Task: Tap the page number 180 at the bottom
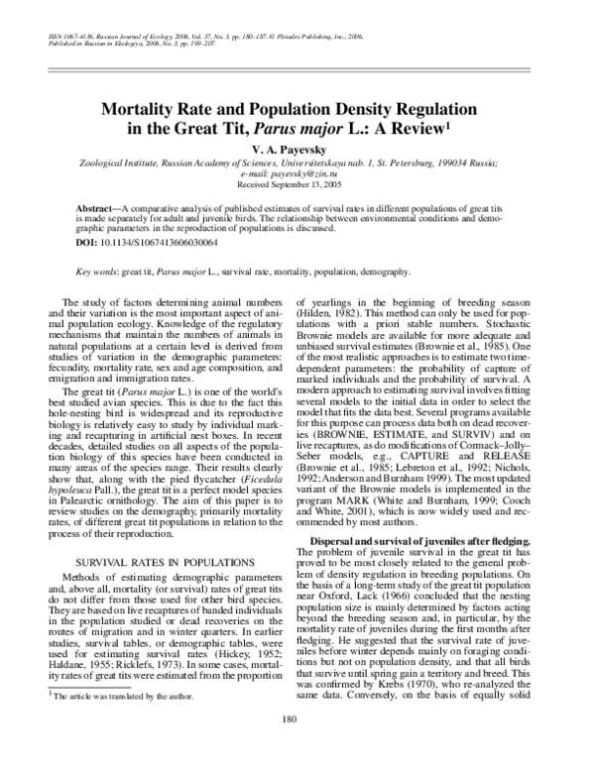point(297,747)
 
